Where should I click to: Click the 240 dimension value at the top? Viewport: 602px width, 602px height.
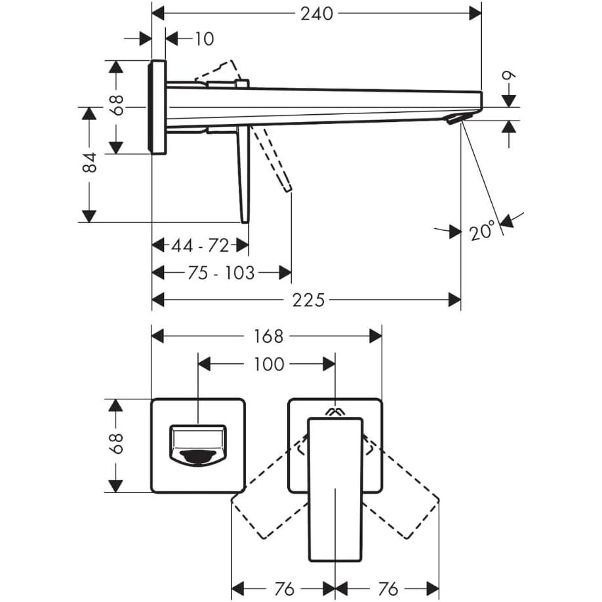coord(317,13)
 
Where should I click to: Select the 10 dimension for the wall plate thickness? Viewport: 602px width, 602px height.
coord(204,39)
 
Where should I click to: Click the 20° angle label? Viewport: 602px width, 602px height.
coord(482,231)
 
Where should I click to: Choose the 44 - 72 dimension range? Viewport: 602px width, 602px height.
coord(200,246)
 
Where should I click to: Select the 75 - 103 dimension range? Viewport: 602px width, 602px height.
coord(221,273)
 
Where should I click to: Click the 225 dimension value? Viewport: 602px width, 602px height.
coord(308,300)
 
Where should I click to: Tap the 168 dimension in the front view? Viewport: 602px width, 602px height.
coord(269,336)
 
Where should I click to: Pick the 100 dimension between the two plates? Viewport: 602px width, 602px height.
coord(269,364)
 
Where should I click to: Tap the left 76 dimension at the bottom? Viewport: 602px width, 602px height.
coord(284,589)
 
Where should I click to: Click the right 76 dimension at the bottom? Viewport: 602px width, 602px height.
coord(388,589)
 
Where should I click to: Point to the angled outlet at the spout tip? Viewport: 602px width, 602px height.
coord(457,118)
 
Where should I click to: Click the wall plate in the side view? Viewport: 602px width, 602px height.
coord(158,107)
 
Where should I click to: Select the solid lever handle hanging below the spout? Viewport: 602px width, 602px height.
coord(243,174)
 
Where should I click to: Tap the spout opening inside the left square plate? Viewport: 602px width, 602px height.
coord(198,446)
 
